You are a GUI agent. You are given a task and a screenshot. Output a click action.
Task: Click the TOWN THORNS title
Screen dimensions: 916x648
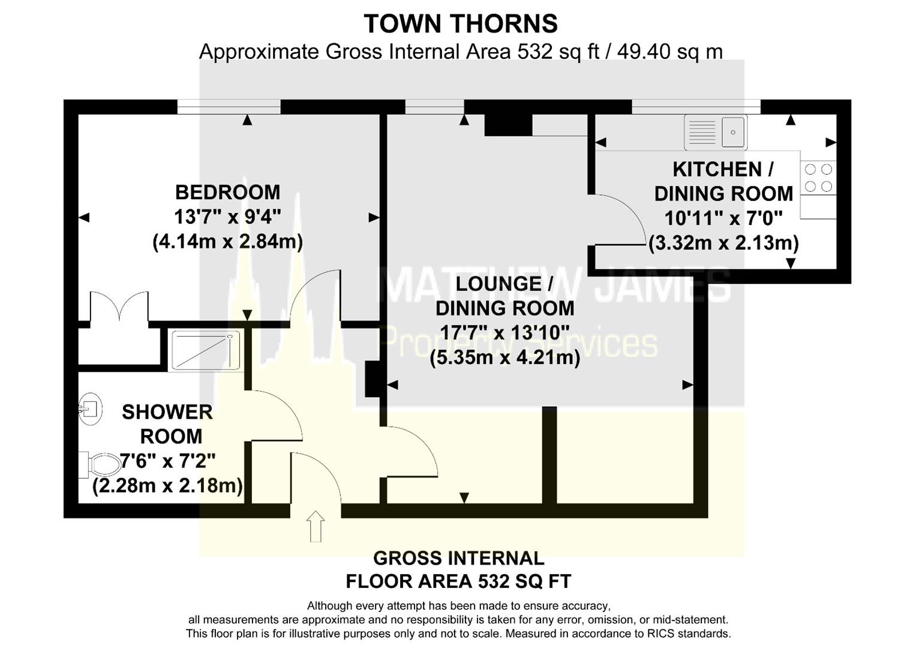click(x=461, y=24)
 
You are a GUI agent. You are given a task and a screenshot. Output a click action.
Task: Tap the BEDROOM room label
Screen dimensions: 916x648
click(x=228, y=192)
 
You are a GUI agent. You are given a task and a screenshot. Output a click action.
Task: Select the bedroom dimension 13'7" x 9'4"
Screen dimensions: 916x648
click(x=228, y=217)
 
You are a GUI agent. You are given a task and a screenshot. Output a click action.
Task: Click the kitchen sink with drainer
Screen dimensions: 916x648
click(x=716, y=132)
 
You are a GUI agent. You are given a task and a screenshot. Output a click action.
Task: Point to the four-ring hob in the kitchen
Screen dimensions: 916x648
click(x=818, y=178)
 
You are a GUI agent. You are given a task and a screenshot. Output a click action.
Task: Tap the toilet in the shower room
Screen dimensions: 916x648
click(x=100, y=465)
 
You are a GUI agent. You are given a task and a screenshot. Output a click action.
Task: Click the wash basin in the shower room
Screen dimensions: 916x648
click(x=90, y=409)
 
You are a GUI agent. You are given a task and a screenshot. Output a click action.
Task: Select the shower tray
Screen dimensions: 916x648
click(x=206, y=350)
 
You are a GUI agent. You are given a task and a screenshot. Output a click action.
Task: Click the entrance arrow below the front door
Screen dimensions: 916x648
click(x=316, y=526)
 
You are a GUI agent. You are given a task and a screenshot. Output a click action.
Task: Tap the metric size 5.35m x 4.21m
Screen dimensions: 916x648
click(x=505, y=358)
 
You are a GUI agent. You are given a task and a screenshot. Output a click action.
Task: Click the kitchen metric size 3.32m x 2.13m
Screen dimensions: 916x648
click(x=724, y=243)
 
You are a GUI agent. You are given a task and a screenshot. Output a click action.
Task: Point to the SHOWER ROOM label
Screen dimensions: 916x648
click(x=167, y=424)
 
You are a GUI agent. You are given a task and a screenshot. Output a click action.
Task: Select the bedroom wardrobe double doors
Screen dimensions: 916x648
click(x=119, y=305)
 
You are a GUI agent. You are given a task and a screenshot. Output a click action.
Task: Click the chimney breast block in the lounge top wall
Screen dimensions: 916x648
click(x=508, y=124)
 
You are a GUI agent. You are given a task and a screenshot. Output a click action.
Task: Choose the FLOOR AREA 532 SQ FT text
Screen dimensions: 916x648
click(x=458, y=581)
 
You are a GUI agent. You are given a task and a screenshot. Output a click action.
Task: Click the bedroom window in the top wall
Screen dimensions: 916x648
click(x=229, y=107)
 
